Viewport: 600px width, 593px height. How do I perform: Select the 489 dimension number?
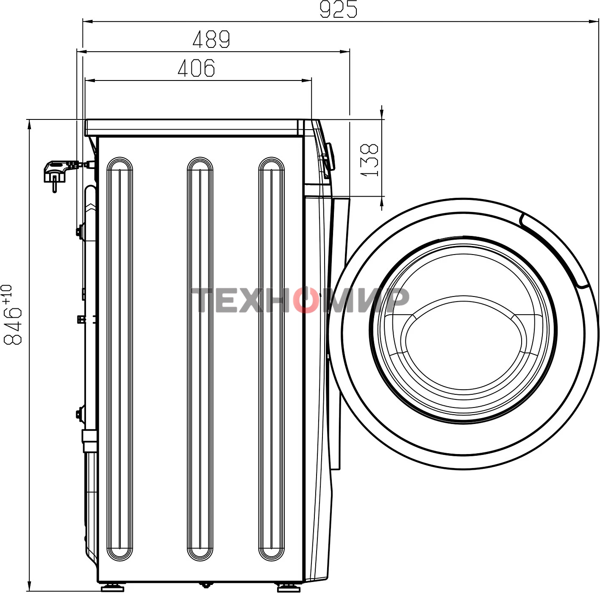pos(211,39)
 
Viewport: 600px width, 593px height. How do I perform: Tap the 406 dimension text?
pos(197,67)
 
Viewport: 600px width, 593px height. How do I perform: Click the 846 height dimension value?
pos(13,326)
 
